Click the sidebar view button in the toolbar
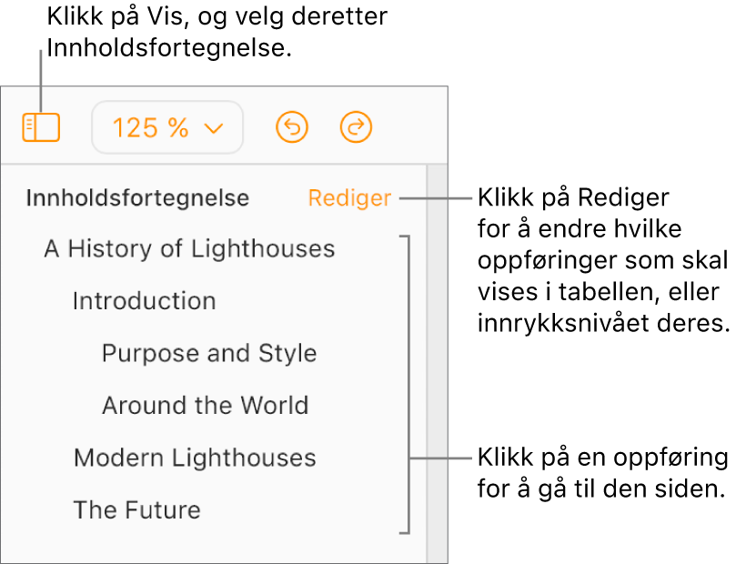point(41,127)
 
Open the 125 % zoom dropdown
point(167,127)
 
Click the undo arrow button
point(292,127)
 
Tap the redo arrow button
point(356,127)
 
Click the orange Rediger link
point(349,198)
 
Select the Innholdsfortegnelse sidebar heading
point(137,197)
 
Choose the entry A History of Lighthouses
point(189,248)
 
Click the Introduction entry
point(145,301)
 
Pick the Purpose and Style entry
point(209,353)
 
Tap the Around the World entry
point(206,406)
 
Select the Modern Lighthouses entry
point(196,458)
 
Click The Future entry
point(137,510)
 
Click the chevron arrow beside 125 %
point(214,128)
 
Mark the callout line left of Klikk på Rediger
point(436,198)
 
